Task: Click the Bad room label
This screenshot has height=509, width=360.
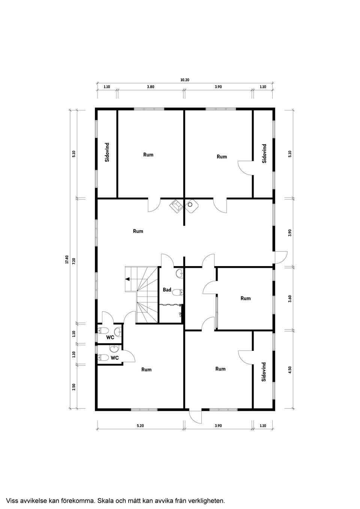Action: [x=167, y=290]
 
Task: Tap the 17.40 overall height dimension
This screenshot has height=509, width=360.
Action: [x=67, y=259]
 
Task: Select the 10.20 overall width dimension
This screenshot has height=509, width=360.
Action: [x=184, y=80]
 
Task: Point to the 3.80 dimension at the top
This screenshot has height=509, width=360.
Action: [x=150, y=87]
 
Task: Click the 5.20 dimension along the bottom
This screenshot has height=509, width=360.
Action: [x=140, y=426]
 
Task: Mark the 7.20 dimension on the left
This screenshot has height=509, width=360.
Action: [x=74, y=261]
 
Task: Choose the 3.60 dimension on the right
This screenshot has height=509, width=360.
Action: [x=289, y=299]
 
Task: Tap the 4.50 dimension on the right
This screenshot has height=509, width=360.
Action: [x=289, y=370]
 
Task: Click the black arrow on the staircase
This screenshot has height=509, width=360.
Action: [x=128, y=279]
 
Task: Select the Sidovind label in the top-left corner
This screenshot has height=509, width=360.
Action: [x=107, y=152]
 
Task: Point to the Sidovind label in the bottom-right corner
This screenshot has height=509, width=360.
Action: [x=264, y=372]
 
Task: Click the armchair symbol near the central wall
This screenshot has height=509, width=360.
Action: [x=176, y=206]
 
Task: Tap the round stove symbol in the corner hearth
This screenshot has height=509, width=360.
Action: [x=191, y=205]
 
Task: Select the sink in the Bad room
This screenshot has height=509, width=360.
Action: [x=179, y=274]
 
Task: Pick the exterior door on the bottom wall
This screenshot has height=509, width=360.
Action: [x=195, y=415]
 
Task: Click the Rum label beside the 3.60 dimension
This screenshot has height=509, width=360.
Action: [x=246, y=298]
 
